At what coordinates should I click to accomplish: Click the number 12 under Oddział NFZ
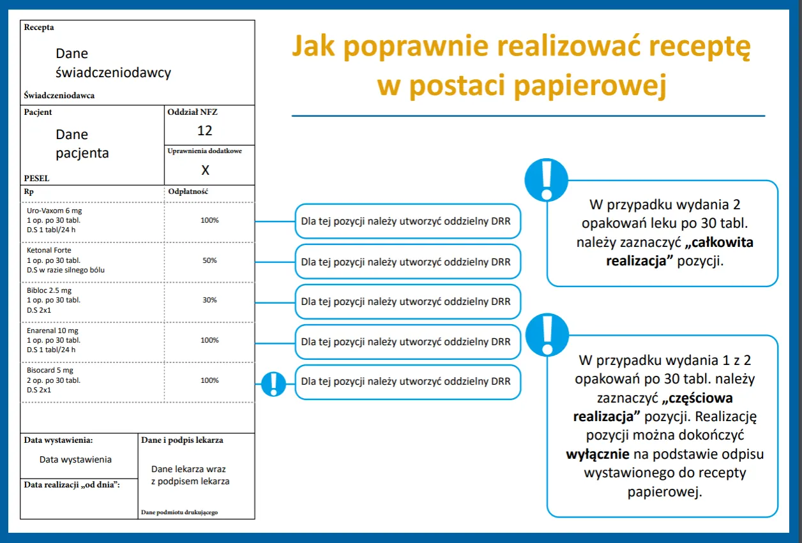pyautogui.click(x=204, y=131)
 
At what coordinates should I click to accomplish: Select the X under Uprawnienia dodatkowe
pyautogui.click(x=205, y=170)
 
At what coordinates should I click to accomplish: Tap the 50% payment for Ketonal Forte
pyautogui.click(x=209, y=260)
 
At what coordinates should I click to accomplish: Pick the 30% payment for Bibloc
pyautogui.click(x=209, y=300)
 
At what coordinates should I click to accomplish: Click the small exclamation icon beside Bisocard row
pyautogui.click(x=274, y=383)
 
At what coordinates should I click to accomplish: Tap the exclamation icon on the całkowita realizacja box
pyautogui.click(x=545, y=179)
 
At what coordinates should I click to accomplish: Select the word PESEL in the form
pyautogui.click(x=36, y=179)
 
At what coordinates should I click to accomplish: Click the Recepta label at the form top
pyautogui.click(x=39, y=27)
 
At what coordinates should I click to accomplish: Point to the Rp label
pyautogui.click(x=29, y=191)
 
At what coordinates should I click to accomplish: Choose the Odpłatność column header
pyautogui.click(x=188, y=191)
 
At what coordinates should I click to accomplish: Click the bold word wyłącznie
pyautogui.click(x=598, y=454)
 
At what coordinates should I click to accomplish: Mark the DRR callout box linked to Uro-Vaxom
pyautogui.click(x=407, y=221)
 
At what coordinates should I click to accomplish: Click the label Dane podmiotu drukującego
pyautogui.click(x=179, y=512)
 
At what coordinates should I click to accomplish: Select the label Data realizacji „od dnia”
pyautogui.click(x=72, y=485)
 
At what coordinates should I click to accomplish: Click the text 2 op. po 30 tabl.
pyautogui.click(x=53, y=380)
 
